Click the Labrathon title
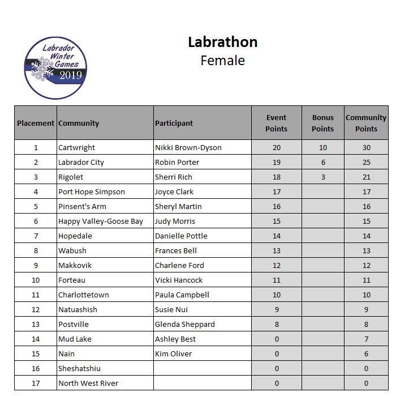[x=222, y=42]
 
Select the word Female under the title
[x=222, y=61]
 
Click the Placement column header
[x=36, y=123]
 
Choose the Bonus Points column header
[x=323, y=123]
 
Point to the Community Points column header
[x=366, y=123]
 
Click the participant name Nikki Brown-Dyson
[x=188, y=147]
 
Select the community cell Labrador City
[x=81, y=162]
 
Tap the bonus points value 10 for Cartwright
[x=323, y=147]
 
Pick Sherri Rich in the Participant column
[x=174, y=177]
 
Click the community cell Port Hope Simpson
[x=92, y=191]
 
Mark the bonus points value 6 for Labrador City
[x=323, y=162]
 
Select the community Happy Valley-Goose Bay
[x=101, y=221]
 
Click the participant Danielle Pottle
[x=181, y=236]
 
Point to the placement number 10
[x=36, y=280]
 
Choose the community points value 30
[x=366, y=147]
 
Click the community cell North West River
[x=88, y=383]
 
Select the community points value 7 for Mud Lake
[x=366, y=339]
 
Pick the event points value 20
[x=277, y=147]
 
